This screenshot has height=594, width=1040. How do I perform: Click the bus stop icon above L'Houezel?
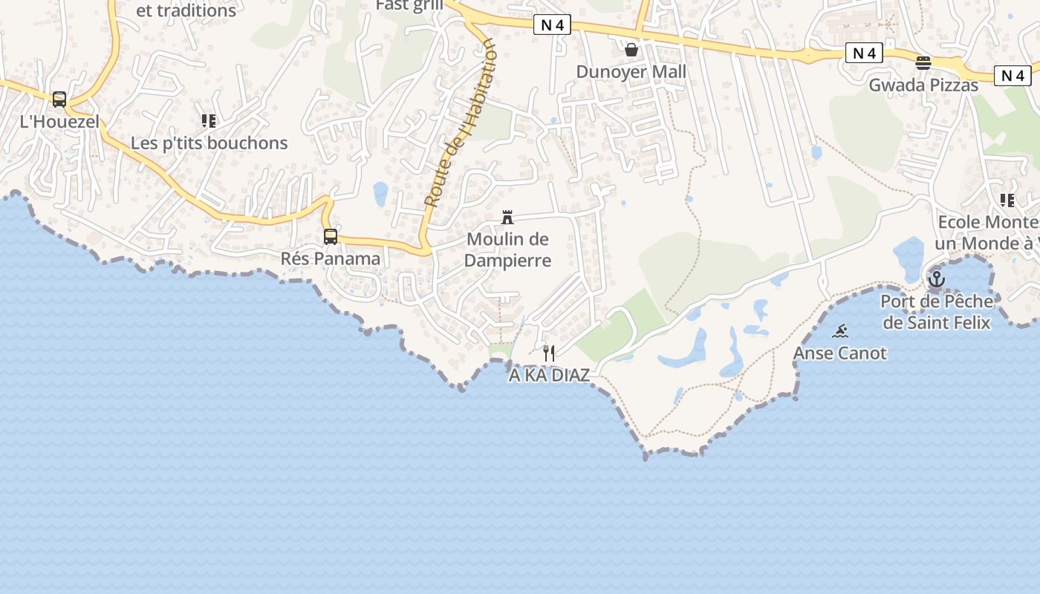[59, 99]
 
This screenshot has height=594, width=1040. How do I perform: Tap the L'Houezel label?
[59, 122]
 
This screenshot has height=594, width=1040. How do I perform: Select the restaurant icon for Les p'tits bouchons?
[209, 120]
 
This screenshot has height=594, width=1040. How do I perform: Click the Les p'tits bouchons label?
[209, 143]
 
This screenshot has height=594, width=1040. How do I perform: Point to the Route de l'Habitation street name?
[458, 123]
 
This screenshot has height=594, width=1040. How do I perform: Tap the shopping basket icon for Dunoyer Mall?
[631, 50]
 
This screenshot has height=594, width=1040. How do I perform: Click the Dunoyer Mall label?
[631, 72]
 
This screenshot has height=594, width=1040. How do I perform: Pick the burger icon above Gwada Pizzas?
[923, 63]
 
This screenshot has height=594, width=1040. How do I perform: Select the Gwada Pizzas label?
[923, 85]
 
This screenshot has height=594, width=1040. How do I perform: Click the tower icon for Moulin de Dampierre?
[507, 218]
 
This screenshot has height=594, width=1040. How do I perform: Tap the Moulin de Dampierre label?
[508, 249]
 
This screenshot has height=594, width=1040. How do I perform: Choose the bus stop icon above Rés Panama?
[331, 237]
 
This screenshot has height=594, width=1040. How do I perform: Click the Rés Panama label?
[331, 259]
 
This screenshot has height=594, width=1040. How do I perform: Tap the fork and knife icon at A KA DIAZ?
[549, 353]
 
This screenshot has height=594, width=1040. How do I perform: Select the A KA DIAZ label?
[549, 376]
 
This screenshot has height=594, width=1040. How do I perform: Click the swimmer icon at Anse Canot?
[840, 331]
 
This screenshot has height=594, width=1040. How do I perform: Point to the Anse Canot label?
[840, 353]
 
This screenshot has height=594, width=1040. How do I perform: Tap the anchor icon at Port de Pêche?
[936, 280]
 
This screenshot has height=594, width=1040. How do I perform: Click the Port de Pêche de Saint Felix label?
[936, 312]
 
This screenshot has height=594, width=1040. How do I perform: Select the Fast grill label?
[409, 5]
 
